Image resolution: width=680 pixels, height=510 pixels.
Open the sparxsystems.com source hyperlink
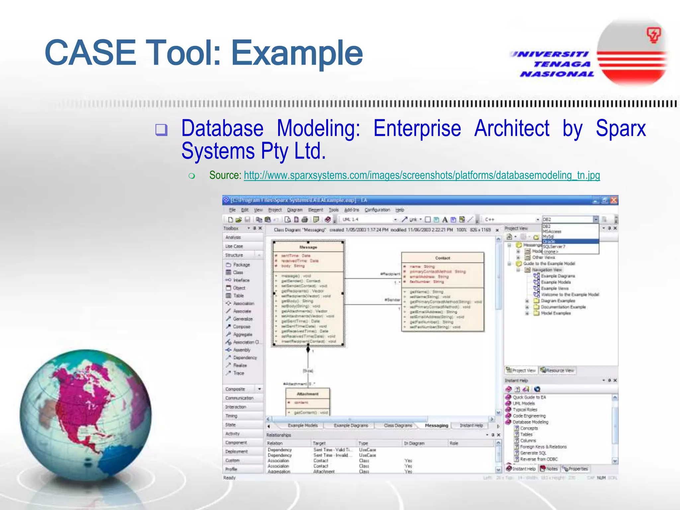point(422,175)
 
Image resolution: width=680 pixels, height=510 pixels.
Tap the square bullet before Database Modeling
point(161,130)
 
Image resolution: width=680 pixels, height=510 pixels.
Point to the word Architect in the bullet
point(512,128)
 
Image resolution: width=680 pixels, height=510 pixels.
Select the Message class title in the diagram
point(308,247)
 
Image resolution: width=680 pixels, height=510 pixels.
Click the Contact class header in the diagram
point(442,258)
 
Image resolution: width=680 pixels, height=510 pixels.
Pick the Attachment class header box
point(307,394)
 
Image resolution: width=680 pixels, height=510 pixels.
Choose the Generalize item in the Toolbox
point(242,319)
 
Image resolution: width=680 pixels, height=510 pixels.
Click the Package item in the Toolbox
point(241,265)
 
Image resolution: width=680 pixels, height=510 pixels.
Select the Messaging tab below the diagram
point(436,425)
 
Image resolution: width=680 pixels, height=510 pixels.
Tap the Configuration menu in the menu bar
point(377,210)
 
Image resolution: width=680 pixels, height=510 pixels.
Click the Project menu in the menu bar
point(275,210)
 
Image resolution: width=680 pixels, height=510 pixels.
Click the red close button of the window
point(614,200)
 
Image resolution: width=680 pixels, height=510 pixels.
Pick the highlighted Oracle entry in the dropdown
point(570,241)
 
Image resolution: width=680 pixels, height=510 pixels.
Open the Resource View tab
point(557,370)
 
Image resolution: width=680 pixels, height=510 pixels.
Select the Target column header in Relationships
point(319,443)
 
